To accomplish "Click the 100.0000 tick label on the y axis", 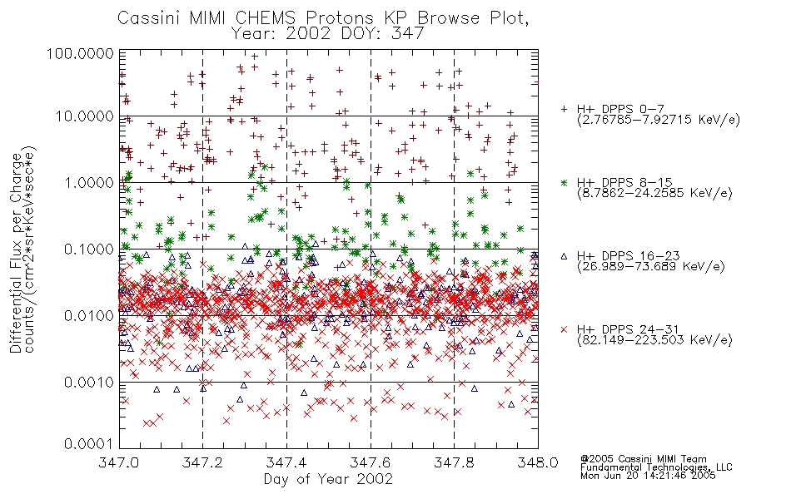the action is pyautogui.click(x=80, y=53).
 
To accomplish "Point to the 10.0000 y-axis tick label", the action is pyautogui.click(x=84, y=116).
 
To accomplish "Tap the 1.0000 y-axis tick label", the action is pyautogui.click(x=89, y=182).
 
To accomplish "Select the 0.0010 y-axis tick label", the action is pyautogui.click(x=89, y=382).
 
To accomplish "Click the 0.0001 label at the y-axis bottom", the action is pyautogui.click(x=89, y=443).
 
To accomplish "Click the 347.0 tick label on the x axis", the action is pyautogui.click(x=118, y=462).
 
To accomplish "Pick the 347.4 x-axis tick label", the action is pyautogui.click(x=286, y=462).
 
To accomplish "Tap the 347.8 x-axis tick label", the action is pyautogui.click(x=454, y=462).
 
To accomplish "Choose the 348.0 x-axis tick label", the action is pyautogui.click(x=538, y=462).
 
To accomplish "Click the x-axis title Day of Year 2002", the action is pyautogui.click(x=328, y=479).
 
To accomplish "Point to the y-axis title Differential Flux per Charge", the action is pyautogui.click(x=16, y=254).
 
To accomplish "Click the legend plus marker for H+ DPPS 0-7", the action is pyautogui.click(x=564, y=109).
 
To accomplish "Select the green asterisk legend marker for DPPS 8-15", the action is pyautogui.click(x=564, y=182).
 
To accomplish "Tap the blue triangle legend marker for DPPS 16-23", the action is pyautogui.click(x=564, y=256).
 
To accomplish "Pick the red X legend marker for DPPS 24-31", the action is pyautogui.click(x=564, y=329).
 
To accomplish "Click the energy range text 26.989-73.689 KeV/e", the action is pyautogui.click(x=651, y=267).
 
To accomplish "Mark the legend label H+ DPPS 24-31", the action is pyautogui.click(x=628, y=329).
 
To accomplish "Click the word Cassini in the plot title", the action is pyautogui.click(x=150, y=18).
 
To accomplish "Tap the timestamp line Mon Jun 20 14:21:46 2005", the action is pyautogui.click(x=648, y=476).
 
